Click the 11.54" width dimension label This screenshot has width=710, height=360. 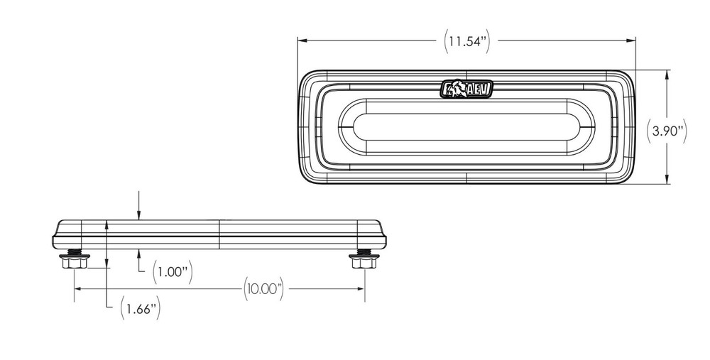(x=467, y=40)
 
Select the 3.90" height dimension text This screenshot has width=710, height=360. (x=668, y=131)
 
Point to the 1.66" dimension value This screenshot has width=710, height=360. (x=139, y=308)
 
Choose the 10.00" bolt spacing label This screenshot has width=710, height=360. (x=263, y=289)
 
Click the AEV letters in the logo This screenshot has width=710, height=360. (x=479, y=89)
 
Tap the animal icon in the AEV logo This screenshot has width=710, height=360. (x=456, y=89)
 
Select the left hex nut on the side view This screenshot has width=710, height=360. (x=75, y=263)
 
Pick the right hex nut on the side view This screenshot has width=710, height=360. (x=363, y=263)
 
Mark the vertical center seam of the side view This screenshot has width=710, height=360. (x=220, y=234)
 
